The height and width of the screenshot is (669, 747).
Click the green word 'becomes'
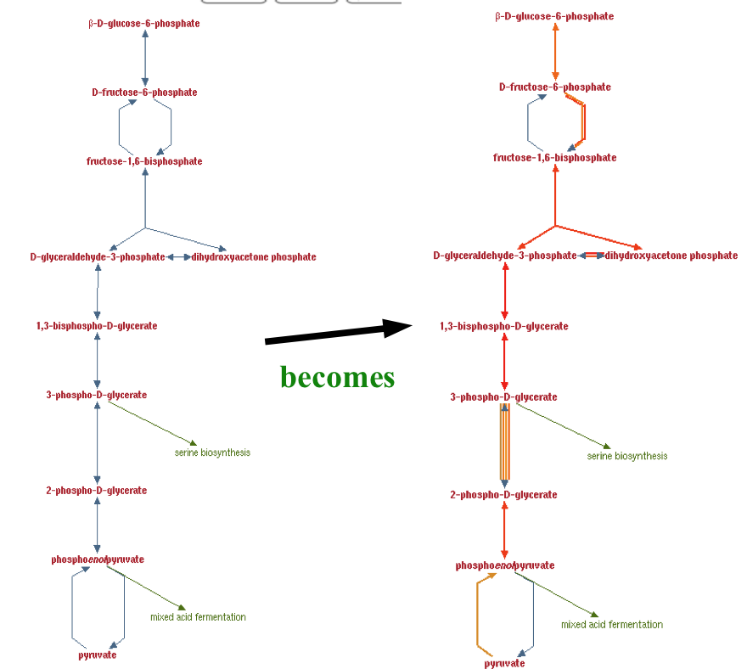(337, 377)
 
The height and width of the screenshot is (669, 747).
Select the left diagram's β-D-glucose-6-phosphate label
(144, 24)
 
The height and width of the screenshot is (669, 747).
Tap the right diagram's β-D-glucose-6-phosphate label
(554, 17)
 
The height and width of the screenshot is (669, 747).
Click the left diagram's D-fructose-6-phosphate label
(144, 93)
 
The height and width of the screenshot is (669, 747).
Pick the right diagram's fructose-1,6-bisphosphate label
(554, 158)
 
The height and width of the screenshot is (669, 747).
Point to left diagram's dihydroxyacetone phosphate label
(253, 257)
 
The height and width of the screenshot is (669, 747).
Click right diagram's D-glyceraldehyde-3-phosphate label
(504, 256)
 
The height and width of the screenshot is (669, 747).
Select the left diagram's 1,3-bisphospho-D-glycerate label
(97, 326)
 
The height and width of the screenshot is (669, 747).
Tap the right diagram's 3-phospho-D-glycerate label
(503, 397)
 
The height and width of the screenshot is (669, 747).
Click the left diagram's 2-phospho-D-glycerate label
(97, 491)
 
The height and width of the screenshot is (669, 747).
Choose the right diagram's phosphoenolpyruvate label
(504, 565)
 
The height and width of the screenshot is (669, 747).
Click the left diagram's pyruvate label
(97, 655)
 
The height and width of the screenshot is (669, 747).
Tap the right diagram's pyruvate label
(504, 664)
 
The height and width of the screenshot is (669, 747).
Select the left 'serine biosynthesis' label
(212, 453)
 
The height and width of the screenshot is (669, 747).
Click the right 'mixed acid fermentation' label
(611, 625)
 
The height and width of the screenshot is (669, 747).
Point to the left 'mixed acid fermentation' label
(198, 617)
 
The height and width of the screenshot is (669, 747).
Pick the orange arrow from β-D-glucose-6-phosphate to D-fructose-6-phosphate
(555, 51)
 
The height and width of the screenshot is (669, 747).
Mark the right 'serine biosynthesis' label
(626, 456)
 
